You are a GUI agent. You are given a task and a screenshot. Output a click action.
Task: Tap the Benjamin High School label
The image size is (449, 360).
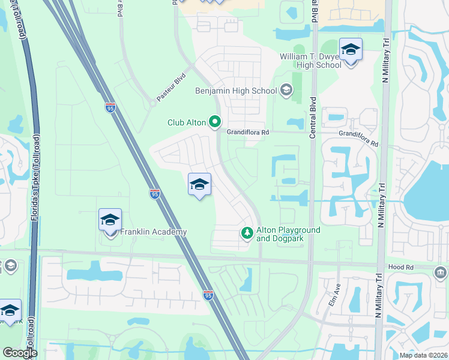(237, 91)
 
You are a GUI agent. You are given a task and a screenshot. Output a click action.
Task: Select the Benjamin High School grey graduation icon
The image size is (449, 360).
(286, 91)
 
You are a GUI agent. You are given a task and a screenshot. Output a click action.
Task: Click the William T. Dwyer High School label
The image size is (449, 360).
(310, 61)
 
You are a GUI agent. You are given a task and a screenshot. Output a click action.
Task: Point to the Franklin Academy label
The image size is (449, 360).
(154, 232)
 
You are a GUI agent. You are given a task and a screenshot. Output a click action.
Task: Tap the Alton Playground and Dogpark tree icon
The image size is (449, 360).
(246, 233)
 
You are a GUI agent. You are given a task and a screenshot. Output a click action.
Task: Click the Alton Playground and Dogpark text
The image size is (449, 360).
(288, 234)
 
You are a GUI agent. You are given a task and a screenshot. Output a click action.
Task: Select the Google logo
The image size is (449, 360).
(20, 353)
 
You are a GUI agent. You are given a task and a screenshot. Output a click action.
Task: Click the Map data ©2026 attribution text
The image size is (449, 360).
(423, 355)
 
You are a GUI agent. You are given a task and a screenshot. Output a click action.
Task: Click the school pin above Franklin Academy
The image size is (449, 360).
(110, 221)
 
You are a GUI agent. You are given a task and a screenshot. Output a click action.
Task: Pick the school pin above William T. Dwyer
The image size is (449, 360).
(351, 50)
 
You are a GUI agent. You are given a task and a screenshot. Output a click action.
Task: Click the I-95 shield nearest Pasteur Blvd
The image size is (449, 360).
(110, 107)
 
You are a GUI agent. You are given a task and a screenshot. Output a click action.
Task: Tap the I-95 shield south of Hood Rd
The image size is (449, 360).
(208, 295)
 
